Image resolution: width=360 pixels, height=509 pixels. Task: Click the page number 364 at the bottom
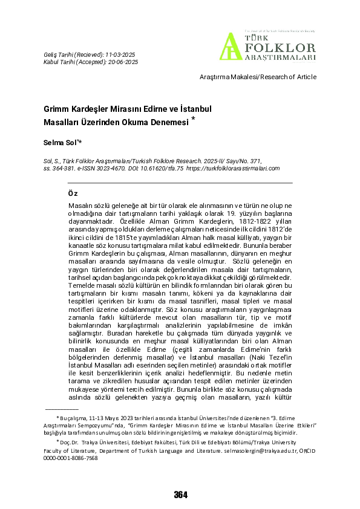[180, 494]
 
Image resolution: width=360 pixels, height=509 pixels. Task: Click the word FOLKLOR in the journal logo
[279, 47]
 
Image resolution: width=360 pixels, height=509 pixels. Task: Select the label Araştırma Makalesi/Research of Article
[258, 77]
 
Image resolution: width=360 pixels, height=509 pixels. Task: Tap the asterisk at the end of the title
[193, 118]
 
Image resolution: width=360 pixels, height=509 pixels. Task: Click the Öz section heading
[73, 193]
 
